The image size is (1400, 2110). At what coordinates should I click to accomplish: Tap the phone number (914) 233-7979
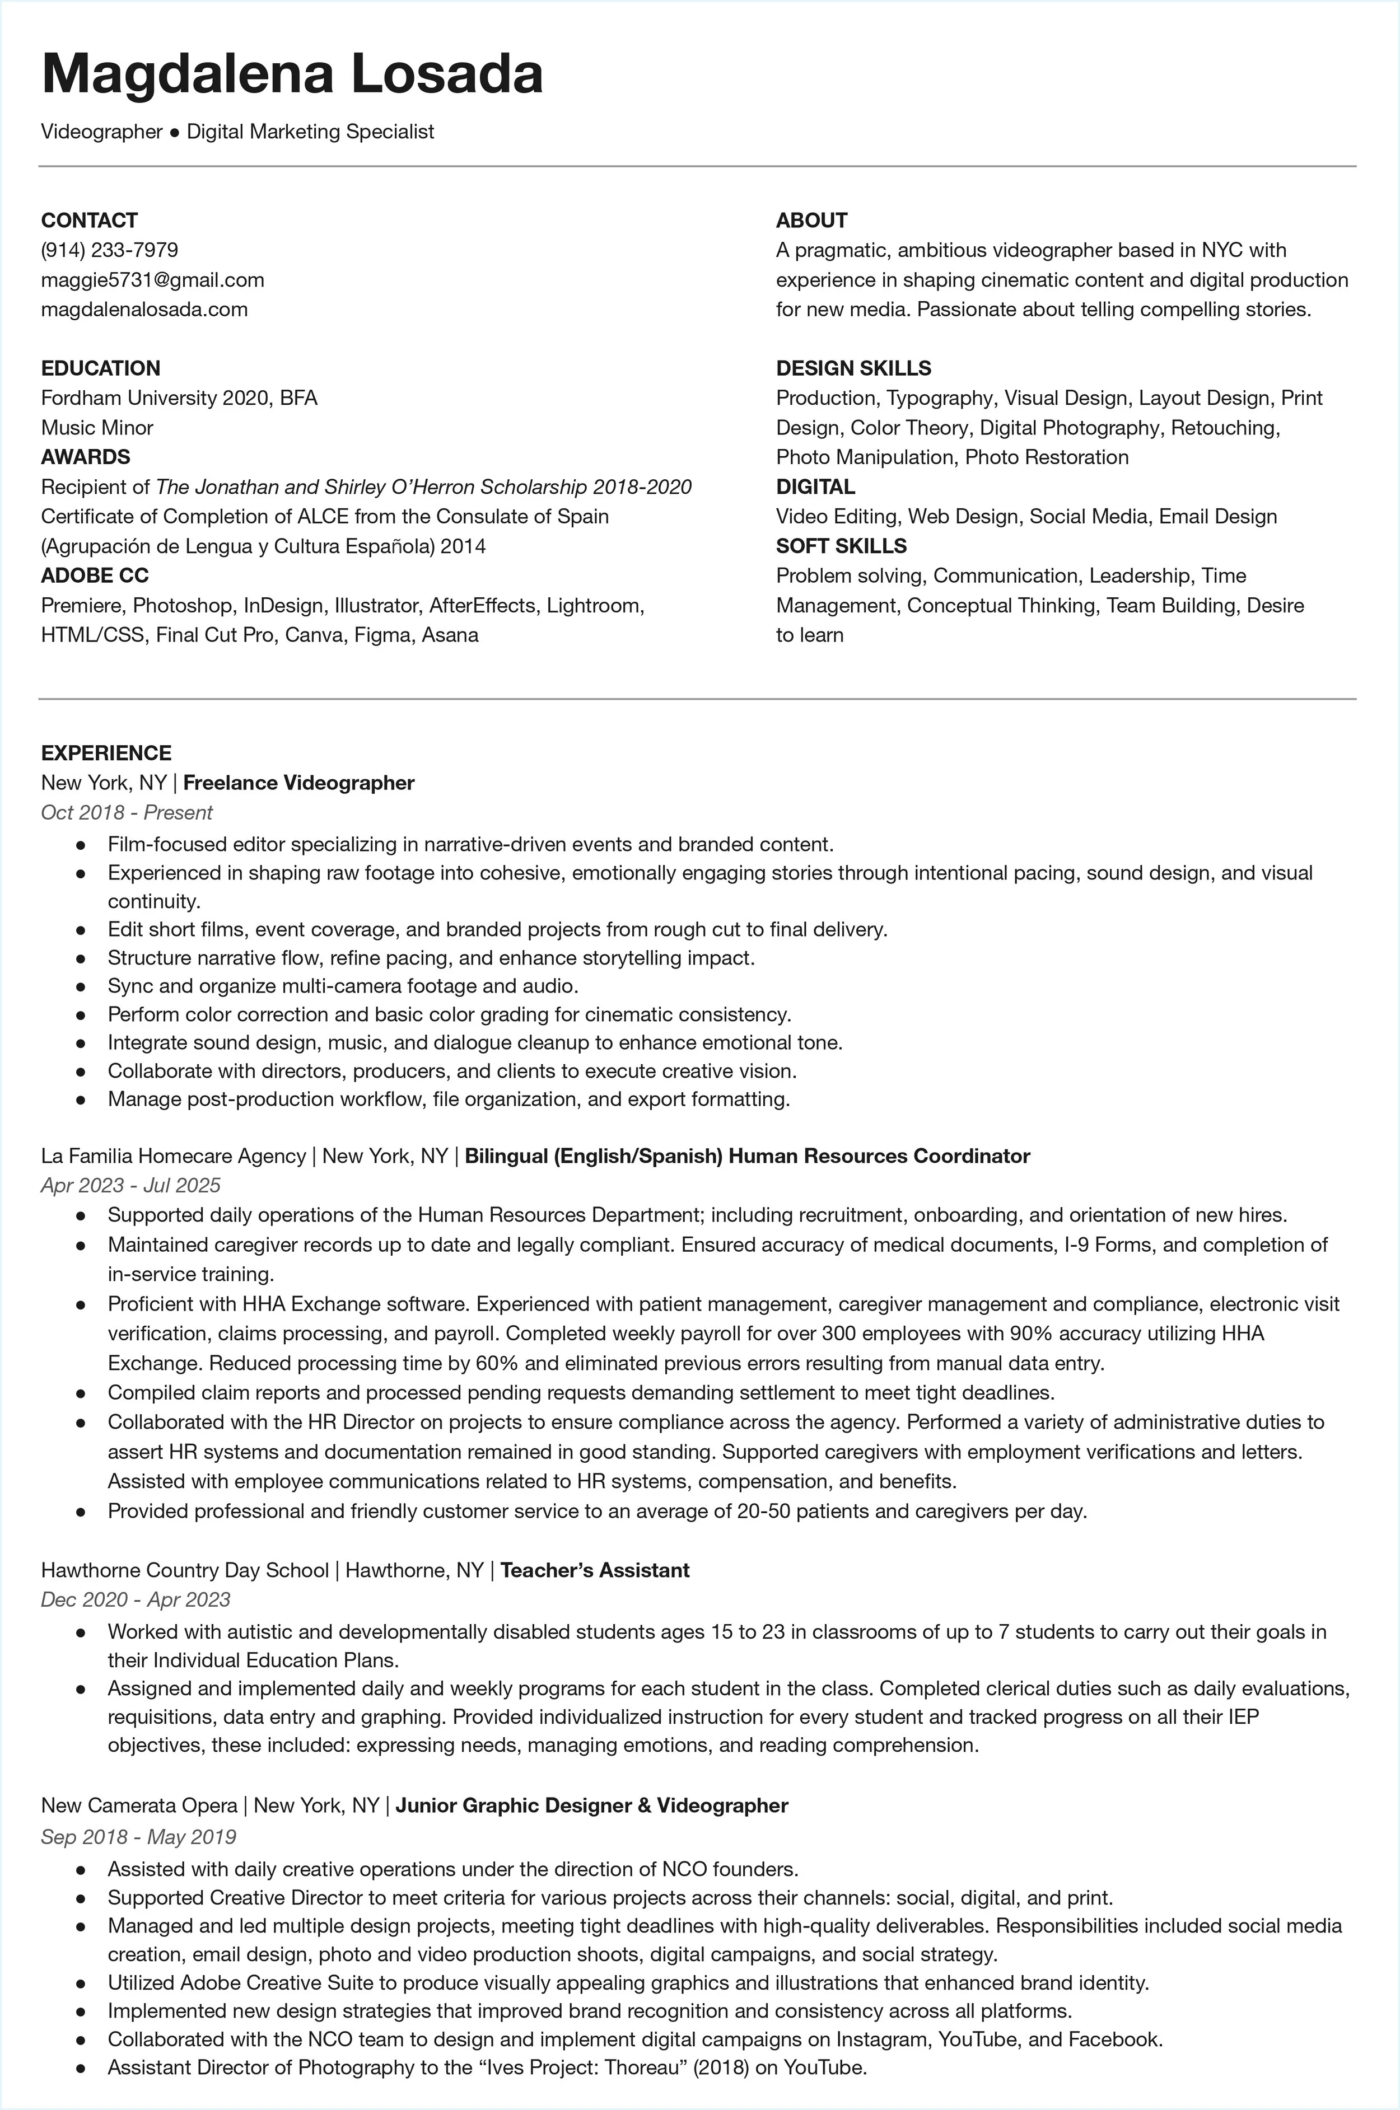tap(110, 250)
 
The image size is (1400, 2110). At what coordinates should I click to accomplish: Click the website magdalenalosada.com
tap(144, 309)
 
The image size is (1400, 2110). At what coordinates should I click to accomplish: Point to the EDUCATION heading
tap(101, 368)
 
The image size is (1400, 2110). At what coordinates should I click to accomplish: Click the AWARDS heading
tap(86, 457)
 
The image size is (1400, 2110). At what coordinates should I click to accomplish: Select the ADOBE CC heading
tap(95, 576)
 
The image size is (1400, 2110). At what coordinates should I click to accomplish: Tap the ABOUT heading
tap(811, 221)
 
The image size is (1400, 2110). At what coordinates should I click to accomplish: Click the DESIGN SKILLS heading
tap(853, 368)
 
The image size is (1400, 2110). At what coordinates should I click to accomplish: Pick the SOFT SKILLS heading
tap(841, 546)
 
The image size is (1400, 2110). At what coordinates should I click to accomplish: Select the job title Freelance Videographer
tap(298, 783)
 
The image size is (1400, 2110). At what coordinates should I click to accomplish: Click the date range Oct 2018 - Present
tap(127, 812)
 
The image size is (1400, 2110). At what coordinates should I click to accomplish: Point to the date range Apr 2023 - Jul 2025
tap(130, 1185)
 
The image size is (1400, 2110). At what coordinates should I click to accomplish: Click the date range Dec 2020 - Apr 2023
tap(136, 1599)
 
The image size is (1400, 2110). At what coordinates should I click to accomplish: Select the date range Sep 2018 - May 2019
tap(138, 1837)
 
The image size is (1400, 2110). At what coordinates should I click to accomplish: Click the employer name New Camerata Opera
tap(139, 1805)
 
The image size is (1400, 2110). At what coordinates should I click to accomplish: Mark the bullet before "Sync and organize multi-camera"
tap(80, 986)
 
